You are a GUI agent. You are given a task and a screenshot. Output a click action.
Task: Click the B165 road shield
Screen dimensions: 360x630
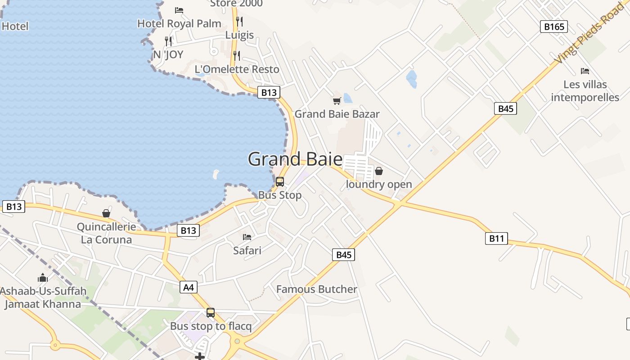[553, 27]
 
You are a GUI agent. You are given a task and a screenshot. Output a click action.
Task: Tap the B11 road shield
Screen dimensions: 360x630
[496, 238]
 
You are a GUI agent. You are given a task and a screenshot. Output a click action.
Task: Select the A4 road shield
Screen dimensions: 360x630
[189, 287]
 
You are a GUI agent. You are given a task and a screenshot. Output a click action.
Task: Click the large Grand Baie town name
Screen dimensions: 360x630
[295, 159]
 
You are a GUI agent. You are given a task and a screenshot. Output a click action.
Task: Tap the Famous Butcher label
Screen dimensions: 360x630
[316, 289]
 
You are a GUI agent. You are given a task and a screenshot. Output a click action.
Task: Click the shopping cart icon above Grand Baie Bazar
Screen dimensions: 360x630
[337, 101]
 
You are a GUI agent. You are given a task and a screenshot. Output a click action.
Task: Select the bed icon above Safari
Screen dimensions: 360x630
[247, 237]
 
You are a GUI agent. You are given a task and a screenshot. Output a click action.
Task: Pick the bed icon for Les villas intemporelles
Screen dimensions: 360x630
[585, 71]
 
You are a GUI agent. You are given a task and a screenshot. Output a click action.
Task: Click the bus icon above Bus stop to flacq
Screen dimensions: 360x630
[211, 312]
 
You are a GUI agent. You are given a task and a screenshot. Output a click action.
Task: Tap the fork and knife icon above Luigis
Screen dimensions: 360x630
[239, 21]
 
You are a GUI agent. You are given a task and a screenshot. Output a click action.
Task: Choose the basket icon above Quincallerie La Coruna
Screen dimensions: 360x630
[106, 213]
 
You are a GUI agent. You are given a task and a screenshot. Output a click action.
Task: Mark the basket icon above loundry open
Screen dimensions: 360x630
[379, 171]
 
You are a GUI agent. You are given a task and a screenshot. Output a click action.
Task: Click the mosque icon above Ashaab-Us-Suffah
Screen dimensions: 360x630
[43, 277]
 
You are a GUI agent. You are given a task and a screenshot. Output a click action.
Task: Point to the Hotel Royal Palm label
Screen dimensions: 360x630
[179, 23]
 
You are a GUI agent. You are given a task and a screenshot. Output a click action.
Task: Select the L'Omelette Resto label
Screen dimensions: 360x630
[237, 69]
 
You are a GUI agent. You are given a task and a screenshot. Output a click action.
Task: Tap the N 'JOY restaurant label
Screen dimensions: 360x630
[168, 54]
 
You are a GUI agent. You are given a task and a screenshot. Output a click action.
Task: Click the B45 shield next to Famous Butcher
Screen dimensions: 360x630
[343, 255]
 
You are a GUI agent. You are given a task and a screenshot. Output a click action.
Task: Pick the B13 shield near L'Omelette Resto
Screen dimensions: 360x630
[269, 92]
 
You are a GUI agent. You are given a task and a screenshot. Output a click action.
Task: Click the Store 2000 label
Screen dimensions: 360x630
[236, 4]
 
